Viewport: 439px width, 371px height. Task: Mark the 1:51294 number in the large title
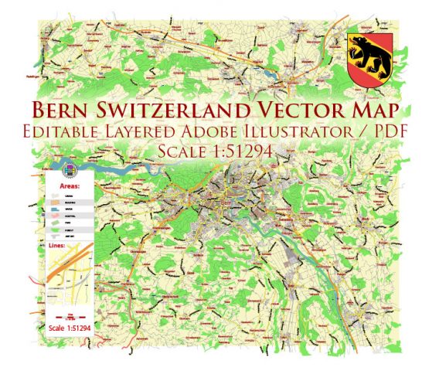pos(237,152)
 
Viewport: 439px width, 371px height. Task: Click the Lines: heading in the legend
pos(56,247)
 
